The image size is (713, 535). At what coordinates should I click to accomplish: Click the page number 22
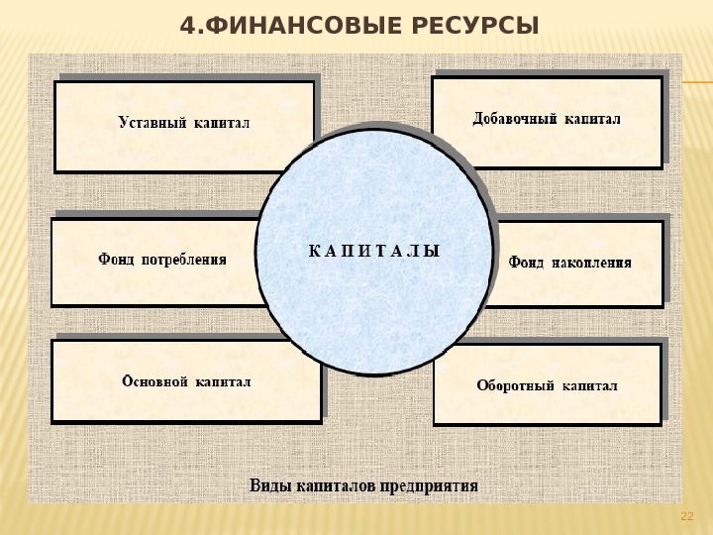coord(687,516)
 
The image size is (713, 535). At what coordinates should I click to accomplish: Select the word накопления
coord(590,263)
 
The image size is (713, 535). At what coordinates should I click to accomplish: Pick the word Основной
coord(154,381)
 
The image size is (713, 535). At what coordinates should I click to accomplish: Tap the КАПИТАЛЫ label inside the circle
coord(374,251)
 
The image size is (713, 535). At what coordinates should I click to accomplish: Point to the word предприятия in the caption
coord(431,486)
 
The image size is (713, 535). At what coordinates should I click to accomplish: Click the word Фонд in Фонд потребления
coord(116,261)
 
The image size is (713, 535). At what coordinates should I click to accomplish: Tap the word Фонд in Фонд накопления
coord(526,263)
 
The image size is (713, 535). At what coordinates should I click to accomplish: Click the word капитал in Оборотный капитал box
coord(590,385)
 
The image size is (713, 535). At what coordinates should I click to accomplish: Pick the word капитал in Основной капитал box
coord(224,381)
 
